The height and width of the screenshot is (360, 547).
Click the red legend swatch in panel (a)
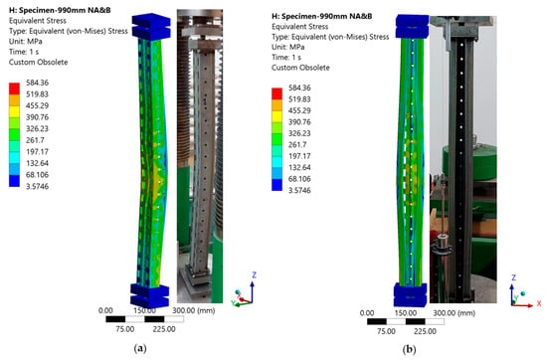click(x=14, y=89)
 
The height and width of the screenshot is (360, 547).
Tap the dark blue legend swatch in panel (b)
click(x=276, y=185)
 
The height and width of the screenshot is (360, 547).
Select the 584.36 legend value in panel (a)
click(x=38, y=83)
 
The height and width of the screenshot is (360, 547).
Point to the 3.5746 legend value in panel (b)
click(x=299, y=190)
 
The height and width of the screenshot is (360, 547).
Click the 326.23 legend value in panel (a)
click(x=38, y=128)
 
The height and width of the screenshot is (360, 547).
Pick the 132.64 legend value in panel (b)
click(x=299, y=167)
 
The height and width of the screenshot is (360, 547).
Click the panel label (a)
click(x=140, y=348)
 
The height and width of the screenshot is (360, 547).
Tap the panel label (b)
click(x=409, y=349)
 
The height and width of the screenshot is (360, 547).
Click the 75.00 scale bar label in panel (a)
click(x=125, y=329)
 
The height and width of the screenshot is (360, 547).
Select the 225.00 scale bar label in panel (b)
click(x=425, y=331)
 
